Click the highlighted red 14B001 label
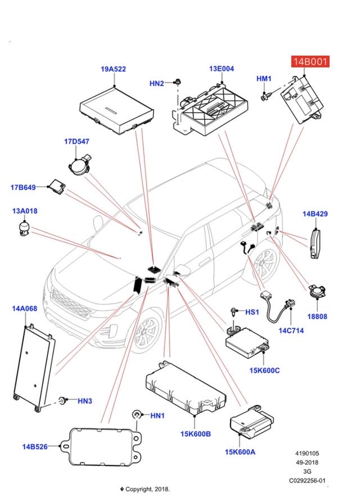[309, 61]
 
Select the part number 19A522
[113, 69]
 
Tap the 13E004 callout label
[221, 69]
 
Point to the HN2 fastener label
[156, 83]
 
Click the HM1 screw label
[264, 79]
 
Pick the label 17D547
[76, 142]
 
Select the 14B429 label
[315, 214]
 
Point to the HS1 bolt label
[252, 311]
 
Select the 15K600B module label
[195, 433]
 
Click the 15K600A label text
[240, 451]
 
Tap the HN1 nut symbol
[136, 415]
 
